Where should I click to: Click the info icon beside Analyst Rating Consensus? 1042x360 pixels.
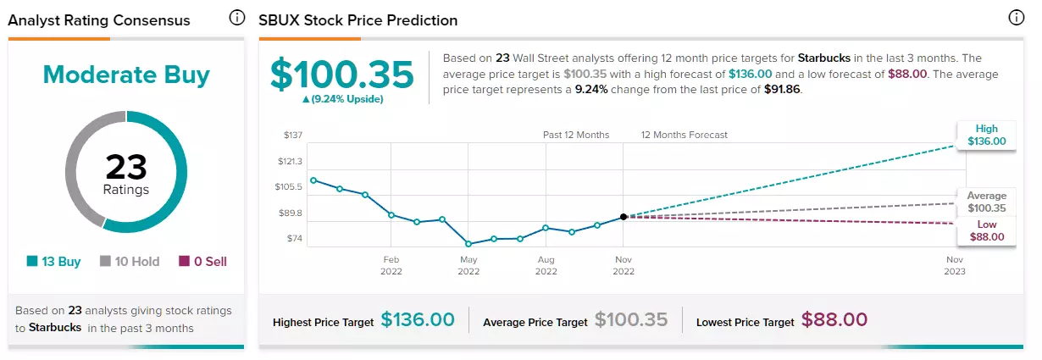(x=236, y=18)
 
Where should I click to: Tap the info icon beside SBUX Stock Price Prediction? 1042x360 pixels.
(x=1016, y=18)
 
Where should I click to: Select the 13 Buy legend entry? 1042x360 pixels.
(x=53, y=262)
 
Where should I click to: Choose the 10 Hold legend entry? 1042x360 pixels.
(x=130, y=262)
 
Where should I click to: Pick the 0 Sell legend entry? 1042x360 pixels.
(x=202, y=262)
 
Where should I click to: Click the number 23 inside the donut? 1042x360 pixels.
(x=126, y=167)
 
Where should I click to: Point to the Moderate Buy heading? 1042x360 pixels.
(x=126, y=75)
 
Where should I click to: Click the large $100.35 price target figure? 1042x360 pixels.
(x=342, y=75)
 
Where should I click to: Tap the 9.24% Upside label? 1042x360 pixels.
(x=343, y=99)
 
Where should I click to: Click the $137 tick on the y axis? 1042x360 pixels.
(x=293, y=135)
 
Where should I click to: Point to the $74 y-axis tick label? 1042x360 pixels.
(x=295, y=239)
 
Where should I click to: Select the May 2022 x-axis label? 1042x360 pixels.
(x=468, y=266)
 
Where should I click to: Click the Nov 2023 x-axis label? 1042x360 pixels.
(x=955, y=266)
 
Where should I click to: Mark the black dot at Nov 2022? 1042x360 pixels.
(x=624, y=217)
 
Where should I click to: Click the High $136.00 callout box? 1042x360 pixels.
(x=987, y=136)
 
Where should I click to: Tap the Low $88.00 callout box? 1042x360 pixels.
(x=987, y=230)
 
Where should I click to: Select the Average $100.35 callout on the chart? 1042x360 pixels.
(x=987, y=202)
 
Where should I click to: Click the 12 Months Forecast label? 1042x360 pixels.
(x=685, y=135)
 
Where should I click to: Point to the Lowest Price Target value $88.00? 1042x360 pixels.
(x=834, y=320)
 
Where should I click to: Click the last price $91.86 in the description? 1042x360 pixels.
(x=782, y=89)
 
